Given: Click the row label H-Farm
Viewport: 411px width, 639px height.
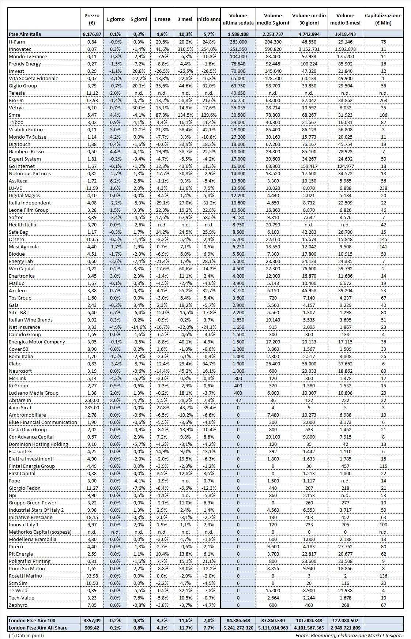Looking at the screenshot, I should click(x=17, y=42).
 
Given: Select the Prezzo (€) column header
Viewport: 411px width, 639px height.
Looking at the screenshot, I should click(x=92, y=19).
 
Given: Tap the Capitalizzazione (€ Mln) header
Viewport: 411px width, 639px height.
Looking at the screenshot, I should click(x=383, y=19).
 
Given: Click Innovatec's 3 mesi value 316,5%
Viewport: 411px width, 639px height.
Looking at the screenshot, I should click(x=185, y=49).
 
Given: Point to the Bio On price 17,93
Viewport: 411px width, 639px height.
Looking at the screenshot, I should click(x=92, y=100).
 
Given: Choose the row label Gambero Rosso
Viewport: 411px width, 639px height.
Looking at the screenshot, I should click(x=26, y=151).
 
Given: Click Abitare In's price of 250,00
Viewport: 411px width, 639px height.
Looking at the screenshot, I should click(x=92, y=400).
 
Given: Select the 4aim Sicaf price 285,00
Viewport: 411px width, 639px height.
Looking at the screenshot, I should click(x=92, y=407).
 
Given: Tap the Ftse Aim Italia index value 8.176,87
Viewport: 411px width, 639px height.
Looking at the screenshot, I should click(x=92, y=34).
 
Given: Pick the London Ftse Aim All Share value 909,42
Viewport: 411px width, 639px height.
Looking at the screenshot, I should click(x=92, y=628).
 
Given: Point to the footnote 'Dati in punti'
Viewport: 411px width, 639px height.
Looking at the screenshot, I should click(x=26, y=635).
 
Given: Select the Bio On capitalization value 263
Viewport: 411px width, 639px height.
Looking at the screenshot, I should click(x=383, y=100).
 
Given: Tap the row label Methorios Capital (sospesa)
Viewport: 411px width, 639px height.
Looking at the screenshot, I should click(x=40, y=532).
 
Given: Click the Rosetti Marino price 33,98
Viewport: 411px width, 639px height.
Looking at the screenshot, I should click(x=92, y=576).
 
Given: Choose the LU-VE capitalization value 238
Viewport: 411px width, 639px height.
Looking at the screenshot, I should click(x=383, y=188).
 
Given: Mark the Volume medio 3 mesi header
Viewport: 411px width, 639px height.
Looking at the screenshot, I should click(x=345, y=19).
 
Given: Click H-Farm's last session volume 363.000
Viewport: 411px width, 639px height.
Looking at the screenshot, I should click(x=238, y=42).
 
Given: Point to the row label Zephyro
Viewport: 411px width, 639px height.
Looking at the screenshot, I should click(x=18, y=605).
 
